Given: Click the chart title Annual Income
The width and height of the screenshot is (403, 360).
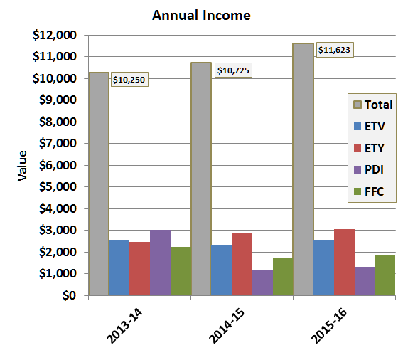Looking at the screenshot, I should click(x=201, y=15).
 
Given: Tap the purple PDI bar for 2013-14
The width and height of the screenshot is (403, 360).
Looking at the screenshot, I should click(x=160, y=263).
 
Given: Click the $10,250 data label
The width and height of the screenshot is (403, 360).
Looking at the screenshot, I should click(x=129, y=80).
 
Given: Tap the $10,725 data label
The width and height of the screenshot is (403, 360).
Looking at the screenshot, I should click(x=232, y=70).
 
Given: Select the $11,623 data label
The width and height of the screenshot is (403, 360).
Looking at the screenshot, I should click(x=334, y=50).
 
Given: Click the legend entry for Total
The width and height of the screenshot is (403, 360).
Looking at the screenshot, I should click(x=371, y=105).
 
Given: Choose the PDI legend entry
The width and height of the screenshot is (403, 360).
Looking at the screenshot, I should click(x=371, y=169).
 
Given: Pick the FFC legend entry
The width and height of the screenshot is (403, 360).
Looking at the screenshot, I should click(x=371, y=191).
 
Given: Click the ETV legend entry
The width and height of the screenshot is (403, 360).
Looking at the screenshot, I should click(x=371, y=126).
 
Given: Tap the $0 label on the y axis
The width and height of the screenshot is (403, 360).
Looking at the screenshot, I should click(x=70, y=295).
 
